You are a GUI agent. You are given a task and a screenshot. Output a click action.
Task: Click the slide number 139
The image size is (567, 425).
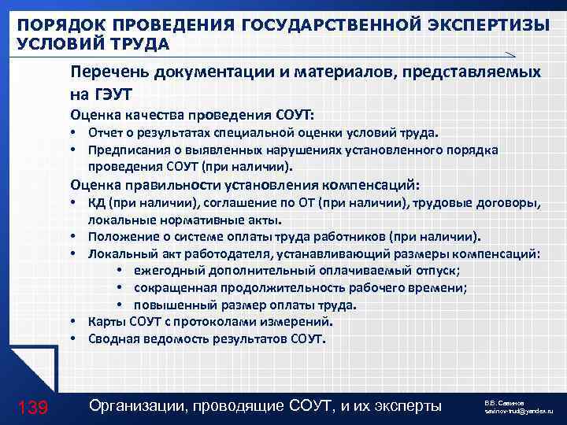click(32, 407)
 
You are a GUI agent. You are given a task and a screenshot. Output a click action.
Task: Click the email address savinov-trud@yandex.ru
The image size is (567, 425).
click(519, 412)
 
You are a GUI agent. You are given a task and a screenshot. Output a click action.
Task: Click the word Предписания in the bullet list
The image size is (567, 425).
click(126, 150)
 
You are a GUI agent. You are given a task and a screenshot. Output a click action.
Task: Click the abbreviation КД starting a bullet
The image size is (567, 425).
click(98, 204)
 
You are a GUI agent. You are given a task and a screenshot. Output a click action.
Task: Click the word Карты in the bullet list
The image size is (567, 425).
click(106, 322)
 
